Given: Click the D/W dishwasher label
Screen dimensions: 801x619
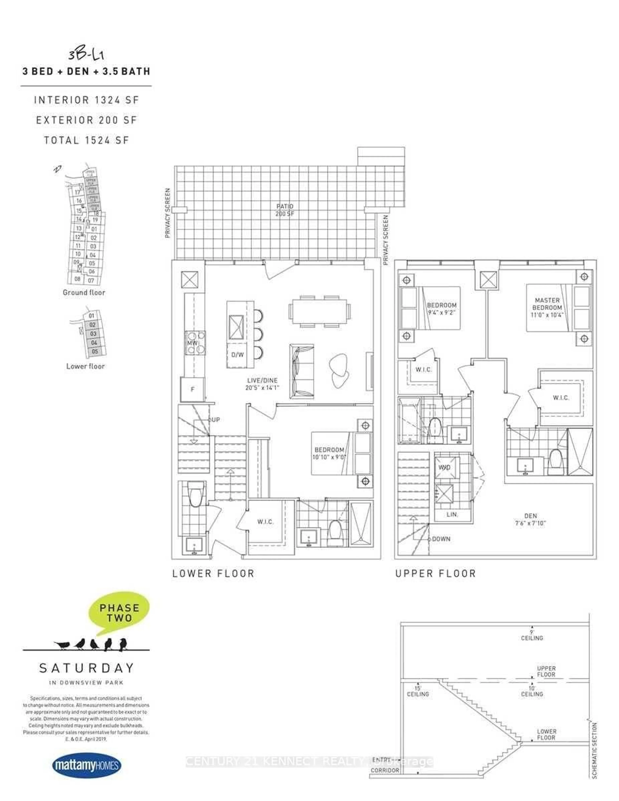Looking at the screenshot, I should coord(237,355).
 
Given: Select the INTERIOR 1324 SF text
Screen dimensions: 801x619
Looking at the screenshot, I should coord(87,100).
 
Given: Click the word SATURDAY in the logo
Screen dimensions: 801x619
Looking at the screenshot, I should coord(87,668).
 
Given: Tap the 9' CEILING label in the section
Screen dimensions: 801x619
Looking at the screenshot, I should coord(532,635).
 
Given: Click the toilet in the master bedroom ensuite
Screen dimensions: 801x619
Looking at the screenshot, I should coord(555,462).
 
